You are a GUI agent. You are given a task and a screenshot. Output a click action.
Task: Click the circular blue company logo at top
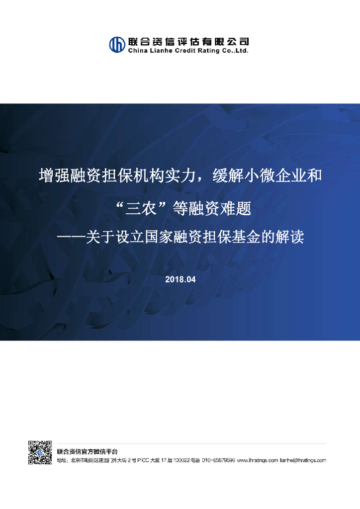(x=117, y=44)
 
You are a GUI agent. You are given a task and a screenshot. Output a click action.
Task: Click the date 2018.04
(x=180, y=279)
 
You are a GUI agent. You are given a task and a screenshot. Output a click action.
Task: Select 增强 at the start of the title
(x=50, y=175)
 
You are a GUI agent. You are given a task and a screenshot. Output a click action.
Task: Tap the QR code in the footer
(x=40, y=452)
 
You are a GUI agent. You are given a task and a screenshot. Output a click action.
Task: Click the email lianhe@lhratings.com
(x=303, y=461)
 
